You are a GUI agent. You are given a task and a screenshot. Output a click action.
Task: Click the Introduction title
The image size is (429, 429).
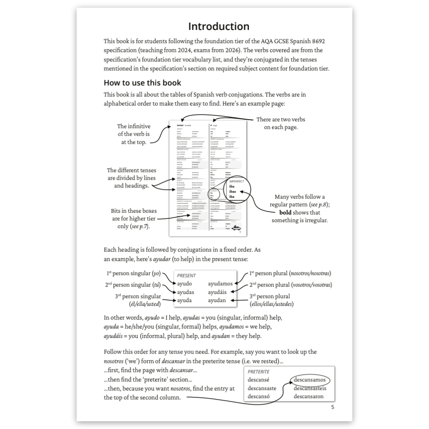(x=219, y=26)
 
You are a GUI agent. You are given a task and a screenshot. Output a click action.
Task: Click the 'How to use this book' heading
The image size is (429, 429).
(x=142, y=83)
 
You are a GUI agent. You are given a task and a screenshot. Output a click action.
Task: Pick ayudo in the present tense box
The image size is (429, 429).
(x=184, y=284)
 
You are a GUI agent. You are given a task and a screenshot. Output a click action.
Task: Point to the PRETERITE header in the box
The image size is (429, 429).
(x=259, y=372)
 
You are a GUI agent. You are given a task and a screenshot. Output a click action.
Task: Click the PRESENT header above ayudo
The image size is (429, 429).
(x=186, y=275)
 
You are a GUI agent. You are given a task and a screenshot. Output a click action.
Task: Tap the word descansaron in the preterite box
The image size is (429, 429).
(x=308, y=396)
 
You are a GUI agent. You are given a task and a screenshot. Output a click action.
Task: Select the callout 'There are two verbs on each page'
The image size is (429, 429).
(x=281, y=123)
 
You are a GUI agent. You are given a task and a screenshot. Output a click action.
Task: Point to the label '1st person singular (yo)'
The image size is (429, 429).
(x=133, y=273)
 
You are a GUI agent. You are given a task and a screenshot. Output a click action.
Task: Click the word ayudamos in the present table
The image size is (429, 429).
(x=220, y=284)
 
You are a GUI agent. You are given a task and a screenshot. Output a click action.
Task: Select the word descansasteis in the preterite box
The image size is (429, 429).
(x=310, y=388)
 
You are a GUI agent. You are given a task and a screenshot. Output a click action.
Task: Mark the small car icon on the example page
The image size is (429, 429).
(x=236, y=229)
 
